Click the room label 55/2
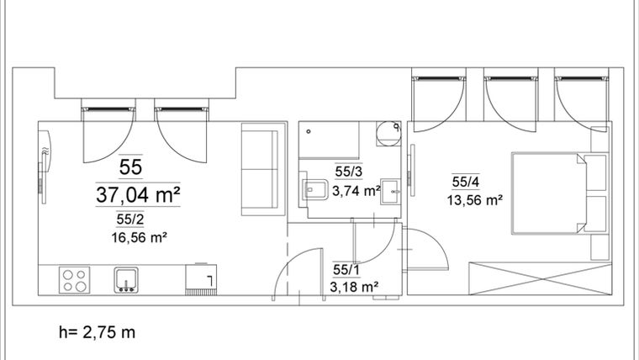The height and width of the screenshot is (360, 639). pos(129,220)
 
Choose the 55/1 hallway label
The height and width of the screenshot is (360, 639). pos(345,269)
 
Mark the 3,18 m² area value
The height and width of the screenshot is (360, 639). pos(354,287)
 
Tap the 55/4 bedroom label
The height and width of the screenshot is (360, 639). pos(465,182)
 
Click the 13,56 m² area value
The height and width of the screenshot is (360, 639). pos(475,199)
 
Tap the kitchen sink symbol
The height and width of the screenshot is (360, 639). pos(126,278)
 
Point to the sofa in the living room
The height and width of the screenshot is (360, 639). pos(259,167)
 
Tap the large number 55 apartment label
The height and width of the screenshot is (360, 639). pos(130,167)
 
